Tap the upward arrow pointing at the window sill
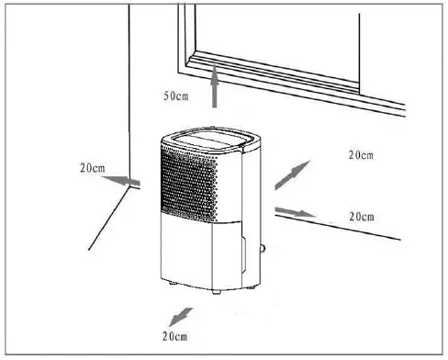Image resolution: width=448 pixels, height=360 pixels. (x=216, y=91)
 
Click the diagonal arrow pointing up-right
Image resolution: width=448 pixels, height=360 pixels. (x=293, y=172)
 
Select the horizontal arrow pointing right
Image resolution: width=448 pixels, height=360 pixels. (x=296, y=211)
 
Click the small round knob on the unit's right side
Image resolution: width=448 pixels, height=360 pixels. (x=264, y=246)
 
